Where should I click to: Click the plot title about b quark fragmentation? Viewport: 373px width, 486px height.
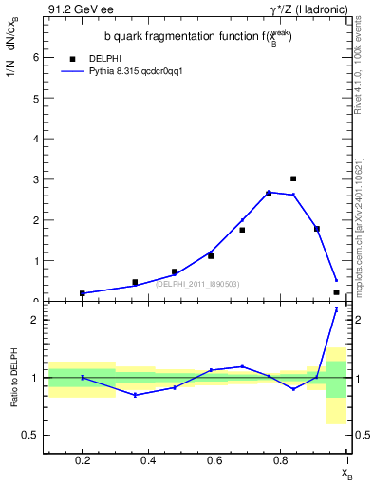click(x=197, y=36)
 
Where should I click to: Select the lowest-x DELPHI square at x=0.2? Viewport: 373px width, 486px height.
click(x=83, y=293)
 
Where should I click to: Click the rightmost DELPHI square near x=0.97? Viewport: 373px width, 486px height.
click(x=337, y=292)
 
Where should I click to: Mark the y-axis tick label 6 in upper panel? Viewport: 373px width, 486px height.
click(x=36, y=57)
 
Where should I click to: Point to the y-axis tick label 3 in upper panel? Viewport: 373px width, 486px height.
click(x=36, y=179)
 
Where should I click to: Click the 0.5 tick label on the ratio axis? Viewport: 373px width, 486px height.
click(x=31, y=436)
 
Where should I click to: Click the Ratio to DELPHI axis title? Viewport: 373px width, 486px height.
click(x=12, y=378)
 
